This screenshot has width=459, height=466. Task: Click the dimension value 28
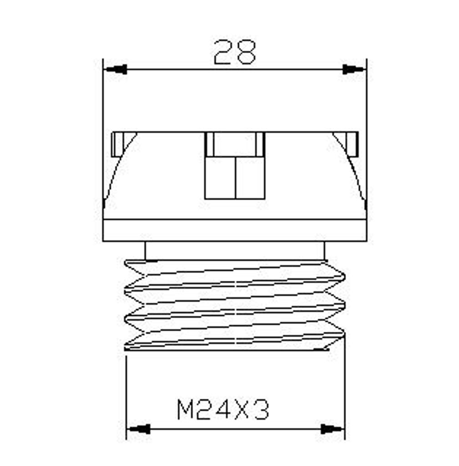pos(235,52)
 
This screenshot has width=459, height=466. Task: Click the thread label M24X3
pos(223,409)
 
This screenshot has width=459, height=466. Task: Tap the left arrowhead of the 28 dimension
pos(117,70)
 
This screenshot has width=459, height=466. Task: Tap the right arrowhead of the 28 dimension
pos(353,70)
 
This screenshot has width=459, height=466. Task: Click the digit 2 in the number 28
pos(223,52)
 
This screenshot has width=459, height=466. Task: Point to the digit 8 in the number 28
pos(245,52)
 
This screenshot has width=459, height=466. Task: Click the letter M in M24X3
pos(185,409)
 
